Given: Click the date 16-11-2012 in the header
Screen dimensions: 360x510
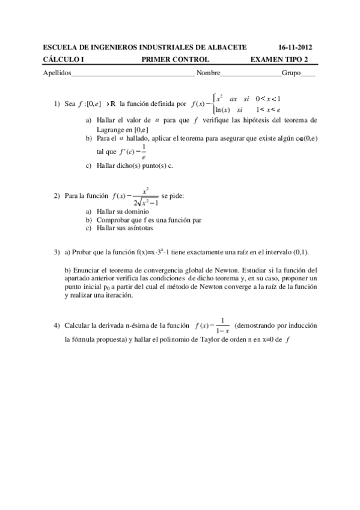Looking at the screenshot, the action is pos(296,48).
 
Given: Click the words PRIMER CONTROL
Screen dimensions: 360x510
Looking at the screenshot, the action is pos(175,59).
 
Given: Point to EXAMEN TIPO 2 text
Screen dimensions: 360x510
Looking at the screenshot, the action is pos(279,59).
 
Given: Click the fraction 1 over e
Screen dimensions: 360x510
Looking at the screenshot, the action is pos(143,155).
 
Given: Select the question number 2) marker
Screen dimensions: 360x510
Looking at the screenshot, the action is pos(56,196).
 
